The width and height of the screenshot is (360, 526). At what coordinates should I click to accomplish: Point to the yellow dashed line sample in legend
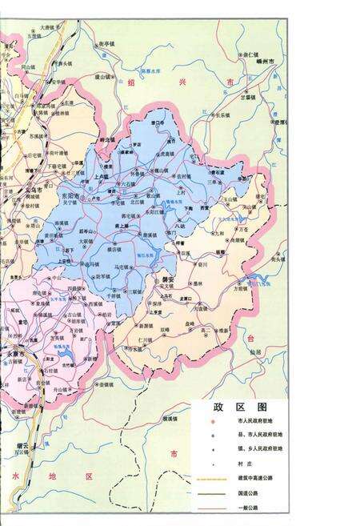coord(211,476)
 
